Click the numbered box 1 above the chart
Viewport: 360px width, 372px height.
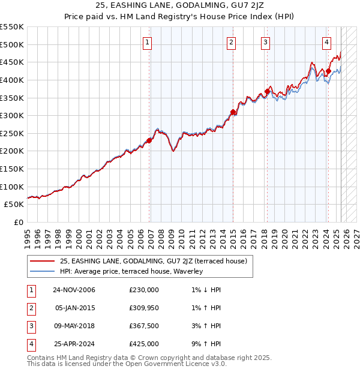point(148,42)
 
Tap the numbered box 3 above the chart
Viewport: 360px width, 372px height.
point(265,42)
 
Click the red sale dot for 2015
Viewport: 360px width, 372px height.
point(233,112)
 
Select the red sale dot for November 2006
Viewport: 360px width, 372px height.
point(149,140)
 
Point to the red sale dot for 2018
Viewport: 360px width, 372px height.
point(267,91)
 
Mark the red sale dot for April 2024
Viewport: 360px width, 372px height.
point(328,71)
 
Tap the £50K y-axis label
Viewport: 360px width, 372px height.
point(14,205)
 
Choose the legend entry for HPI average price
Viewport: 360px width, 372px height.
point(131,271)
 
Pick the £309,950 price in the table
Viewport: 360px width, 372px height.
point(143,308)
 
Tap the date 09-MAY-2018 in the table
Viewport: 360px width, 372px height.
point(74,326)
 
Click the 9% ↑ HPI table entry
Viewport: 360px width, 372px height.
point(204,344)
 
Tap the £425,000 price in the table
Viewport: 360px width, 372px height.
point(143,344)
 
